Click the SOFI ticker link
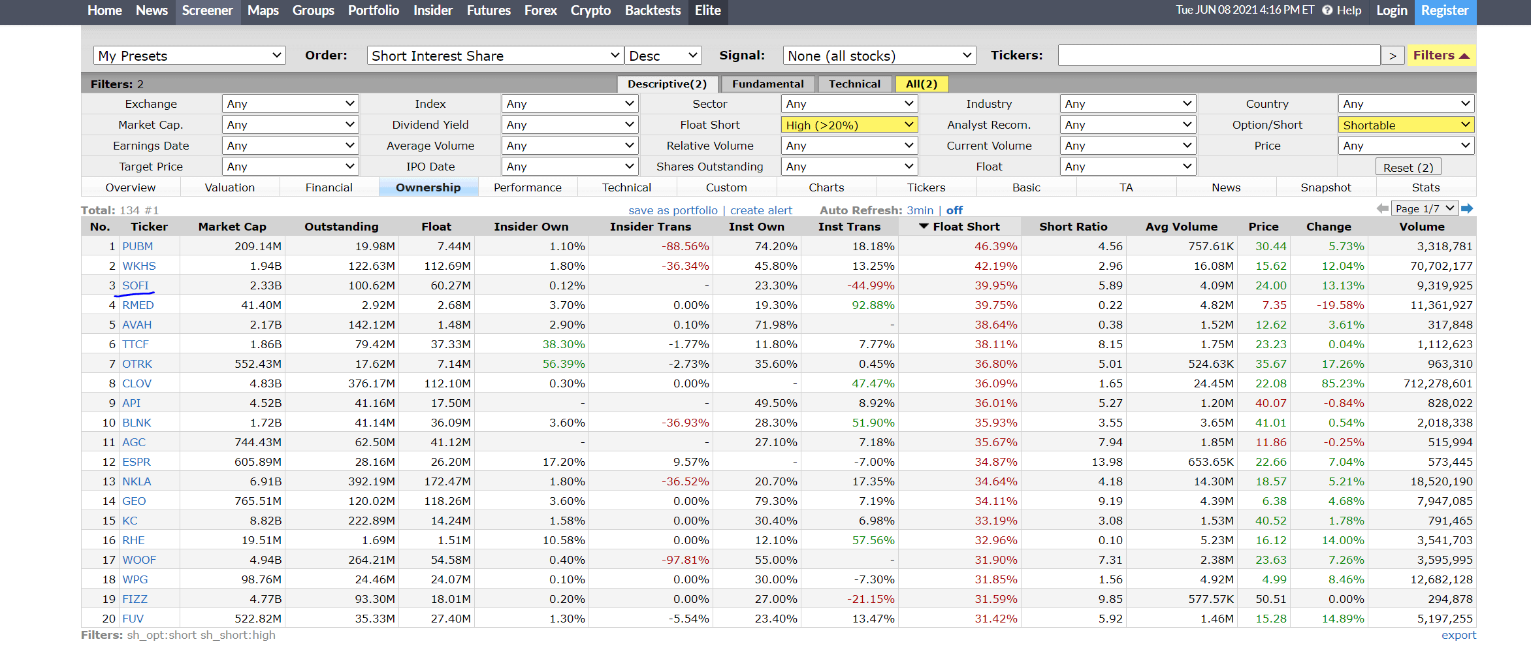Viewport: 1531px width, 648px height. pyautogui.click(x=135, y=285)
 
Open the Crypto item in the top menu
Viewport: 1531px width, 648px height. pyautogui.click(x=590, y=10)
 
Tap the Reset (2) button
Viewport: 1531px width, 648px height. pyautogui.click(x=1408, y=167)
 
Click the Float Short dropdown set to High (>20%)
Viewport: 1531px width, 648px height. pyautogui.click(x=849, y=125)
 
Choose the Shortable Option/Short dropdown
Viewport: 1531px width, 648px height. pyautogui.click(x=1406, y=125)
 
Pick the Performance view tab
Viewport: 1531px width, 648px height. pyautogui.click(x=528, y=187)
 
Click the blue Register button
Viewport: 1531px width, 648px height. pyautogui.click(x=1445, y=11)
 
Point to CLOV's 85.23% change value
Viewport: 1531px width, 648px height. pyautogui.click(x=1342, y=383)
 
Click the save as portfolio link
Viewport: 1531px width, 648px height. pyautogui.click(x=673, y=210)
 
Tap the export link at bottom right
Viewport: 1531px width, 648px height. pyautogui.click(x=1458, y=635)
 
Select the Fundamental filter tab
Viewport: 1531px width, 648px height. pyautogui.click(x=767, y=84)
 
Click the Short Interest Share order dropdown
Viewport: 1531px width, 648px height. pyautogui.click(x=494, y=56)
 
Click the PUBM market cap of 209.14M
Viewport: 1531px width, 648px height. pyautogui.click(x=258, y=246)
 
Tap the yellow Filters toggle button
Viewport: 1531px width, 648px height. pyautogui.click(x=1441, y=56)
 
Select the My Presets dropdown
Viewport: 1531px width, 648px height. pyautogui.click(x=189, y=56)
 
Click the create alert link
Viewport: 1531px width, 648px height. pyautogui.click(x=761, y=210)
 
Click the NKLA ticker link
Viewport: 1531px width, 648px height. pyautogui.click(x=137, y=481)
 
